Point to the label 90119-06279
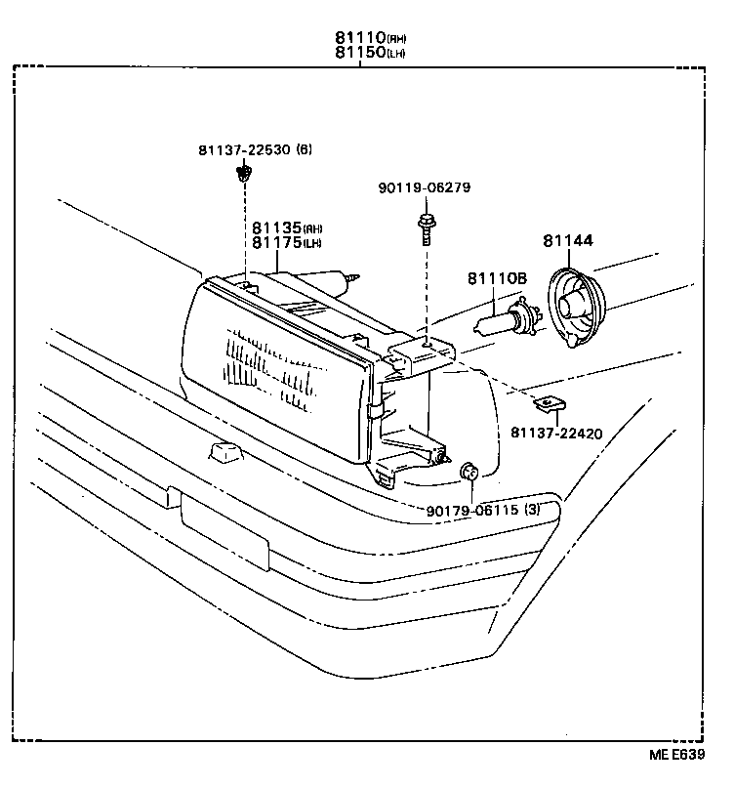[x=425, y=186]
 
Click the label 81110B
[x=496, y=278]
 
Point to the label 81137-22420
[x=564, y=431]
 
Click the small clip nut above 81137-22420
[x=551, y=401]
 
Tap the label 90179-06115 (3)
[x=483, y=510]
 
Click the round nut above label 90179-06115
[x=469, y=474]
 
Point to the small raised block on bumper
[x=224, y=452]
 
